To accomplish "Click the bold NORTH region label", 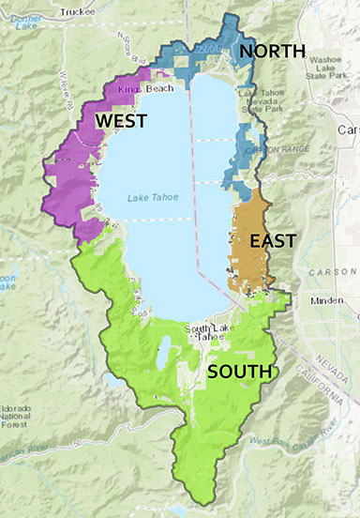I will click(x=271, y=51).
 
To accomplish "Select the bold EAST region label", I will click(x=272, y=240).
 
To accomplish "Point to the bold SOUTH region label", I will click(x=239, y=373).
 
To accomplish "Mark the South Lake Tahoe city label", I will click(x=212, y=332).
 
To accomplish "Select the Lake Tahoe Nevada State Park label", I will click(x=262, y=101).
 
